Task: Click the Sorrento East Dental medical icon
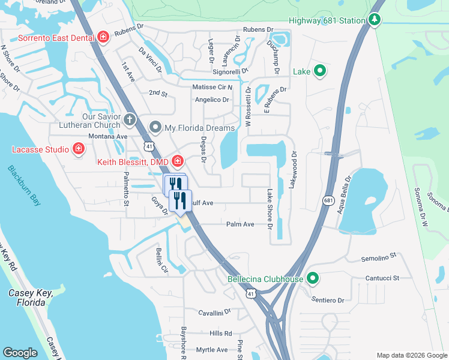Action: pos(103,37)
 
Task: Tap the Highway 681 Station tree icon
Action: pos(375,20)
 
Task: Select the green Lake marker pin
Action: pos(320,71)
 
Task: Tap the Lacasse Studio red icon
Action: pos(78,148)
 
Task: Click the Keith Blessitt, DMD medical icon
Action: pos(177,161)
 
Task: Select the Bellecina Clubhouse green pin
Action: pos(312,279)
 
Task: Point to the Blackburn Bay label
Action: pos(25,186)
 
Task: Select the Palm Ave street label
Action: pos(240,224)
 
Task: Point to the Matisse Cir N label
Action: pos(212,87)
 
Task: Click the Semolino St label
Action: pos(379,257)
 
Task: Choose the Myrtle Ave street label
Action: pos(212,350)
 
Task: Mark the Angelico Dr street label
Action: pos(211,100)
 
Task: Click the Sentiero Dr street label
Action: pos(328,299)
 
